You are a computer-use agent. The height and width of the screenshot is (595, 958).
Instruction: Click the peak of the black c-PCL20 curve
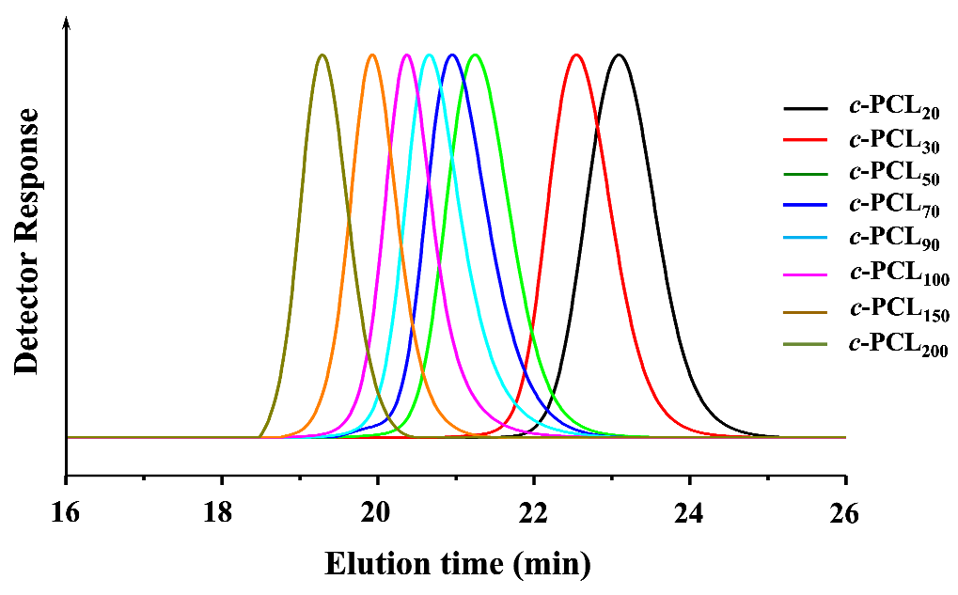pyautogui.click(x=618, y=55)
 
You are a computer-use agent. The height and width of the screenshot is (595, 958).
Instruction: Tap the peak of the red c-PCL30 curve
pyautogui.click(x=577, y=55)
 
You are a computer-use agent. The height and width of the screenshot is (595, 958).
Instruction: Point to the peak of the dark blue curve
pyautogui.click(x=452, y=55)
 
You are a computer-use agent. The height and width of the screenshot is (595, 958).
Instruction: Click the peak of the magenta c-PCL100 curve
pyautogui.click(x=406, y=55)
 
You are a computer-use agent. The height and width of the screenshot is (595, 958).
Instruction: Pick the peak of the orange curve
pyautogui.click(x=373, y=55)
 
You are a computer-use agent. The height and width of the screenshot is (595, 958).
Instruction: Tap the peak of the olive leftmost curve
pyautogui.click(x=322, y=55)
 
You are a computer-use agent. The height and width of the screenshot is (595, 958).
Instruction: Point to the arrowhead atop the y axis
pyautogui.click(x=66, y=23)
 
